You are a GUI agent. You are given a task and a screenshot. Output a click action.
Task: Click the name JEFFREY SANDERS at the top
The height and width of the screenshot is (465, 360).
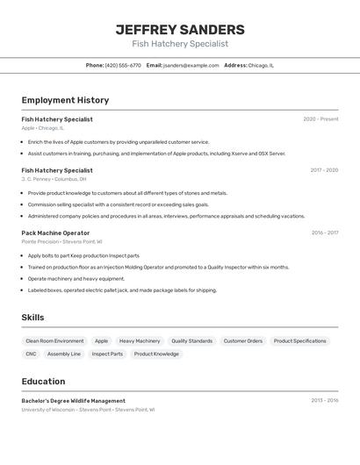[180, 30]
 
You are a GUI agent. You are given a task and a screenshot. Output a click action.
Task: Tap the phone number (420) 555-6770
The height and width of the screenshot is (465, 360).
[123, 65]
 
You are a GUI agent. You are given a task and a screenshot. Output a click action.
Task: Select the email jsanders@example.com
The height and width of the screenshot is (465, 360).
[191, 65]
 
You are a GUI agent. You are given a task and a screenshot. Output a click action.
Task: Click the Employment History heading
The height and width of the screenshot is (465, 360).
[65, 100]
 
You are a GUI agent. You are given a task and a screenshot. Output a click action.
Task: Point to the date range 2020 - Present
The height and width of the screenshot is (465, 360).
[320, 119]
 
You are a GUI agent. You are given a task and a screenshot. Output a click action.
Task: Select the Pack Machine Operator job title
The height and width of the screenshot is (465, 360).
[55, 233]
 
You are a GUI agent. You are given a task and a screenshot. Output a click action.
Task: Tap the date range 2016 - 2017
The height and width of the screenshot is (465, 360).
[325, 233]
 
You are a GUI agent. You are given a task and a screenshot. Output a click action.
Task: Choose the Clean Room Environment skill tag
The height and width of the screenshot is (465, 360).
[54, 340]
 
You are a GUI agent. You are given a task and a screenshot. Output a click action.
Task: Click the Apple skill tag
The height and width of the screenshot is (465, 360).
[102, 340]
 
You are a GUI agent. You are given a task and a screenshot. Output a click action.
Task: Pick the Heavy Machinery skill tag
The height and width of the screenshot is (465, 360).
[140, 340]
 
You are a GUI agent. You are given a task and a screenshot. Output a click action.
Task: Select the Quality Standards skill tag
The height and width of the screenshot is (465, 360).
[191, 340]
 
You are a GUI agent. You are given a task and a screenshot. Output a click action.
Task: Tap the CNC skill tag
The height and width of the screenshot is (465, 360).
[31, 354]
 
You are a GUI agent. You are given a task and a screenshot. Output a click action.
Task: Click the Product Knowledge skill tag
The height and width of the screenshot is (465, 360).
[156, 354]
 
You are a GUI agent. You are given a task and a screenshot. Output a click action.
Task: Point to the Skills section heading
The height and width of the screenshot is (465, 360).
[32, 318]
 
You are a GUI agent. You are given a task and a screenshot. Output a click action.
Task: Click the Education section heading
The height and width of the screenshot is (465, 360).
[43, 382]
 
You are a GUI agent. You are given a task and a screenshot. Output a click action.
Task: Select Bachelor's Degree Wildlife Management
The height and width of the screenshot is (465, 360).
[73, 401]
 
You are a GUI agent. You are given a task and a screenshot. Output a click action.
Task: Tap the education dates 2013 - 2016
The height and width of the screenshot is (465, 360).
[324, 401]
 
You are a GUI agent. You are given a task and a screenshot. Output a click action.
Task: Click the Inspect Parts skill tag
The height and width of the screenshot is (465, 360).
[107, 354]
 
